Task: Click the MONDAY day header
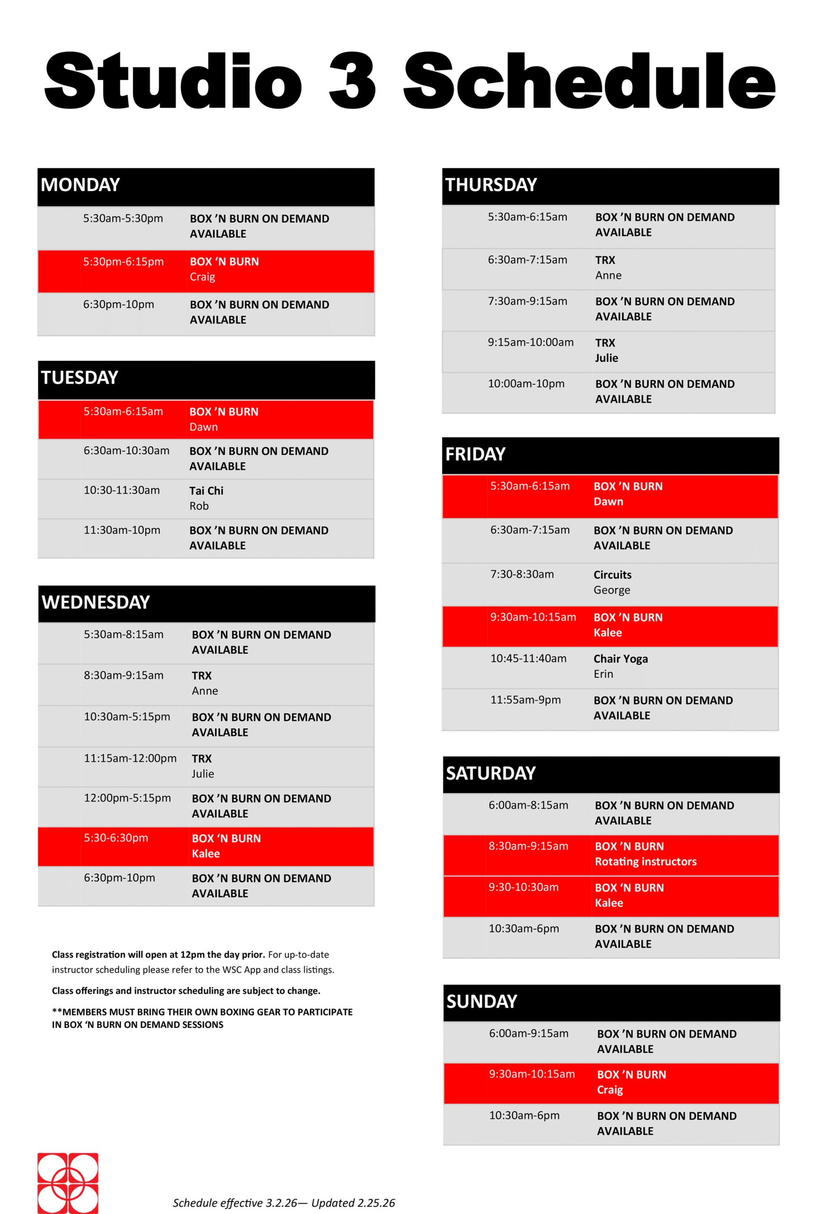click(80, 185)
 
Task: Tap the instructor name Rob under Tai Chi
click(199, 506)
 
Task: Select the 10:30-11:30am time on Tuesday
click(121, 490)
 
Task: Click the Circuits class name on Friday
click(612, 574)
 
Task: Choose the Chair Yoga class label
click(620, 658)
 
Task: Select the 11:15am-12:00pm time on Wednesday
click(130, 758)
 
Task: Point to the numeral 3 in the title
click(352, 81)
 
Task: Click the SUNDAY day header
click(481, 1002)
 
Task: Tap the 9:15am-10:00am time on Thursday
click(530, 342)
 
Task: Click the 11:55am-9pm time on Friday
click(525, 699)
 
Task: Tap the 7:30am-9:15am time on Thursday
click(527, 301)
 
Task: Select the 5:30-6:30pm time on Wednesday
click(116, 837)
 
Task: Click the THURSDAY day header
click(490, 185)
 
